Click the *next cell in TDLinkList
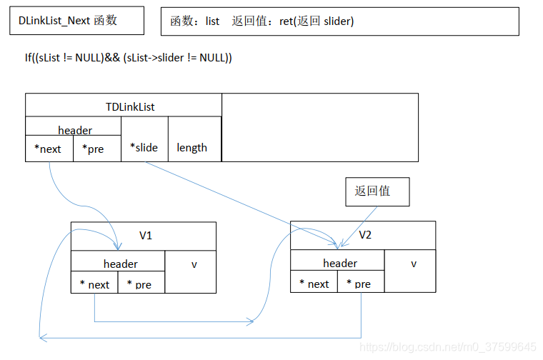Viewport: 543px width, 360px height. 49,149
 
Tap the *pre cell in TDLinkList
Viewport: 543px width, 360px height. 96,149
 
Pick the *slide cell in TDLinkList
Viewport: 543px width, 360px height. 144,146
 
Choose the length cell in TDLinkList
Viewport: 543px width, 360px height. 192,147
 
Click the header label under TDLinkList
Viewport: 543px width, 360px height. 74,129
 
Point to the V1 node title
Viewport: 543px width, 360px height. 145,235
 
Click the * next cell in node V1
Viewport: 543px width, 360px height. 94,284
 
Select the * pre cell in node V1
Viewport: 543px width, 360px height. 140,284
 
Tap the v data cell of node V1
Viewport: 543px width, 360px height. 194,264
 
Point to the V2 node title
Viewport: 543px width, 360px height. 364,234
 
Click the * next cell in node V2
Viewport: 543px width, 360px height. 314,283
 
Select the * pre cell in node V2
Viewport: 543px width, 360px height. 359,283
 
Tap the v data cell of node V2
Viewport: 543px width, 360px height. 413,264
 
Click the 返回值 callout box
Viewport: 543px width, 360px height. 377,191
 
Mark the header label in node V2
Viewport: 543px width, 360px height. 340,263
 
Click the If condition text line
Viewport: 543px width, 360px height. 128,57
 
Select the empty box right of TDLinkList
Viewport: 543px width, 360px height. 319,126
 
